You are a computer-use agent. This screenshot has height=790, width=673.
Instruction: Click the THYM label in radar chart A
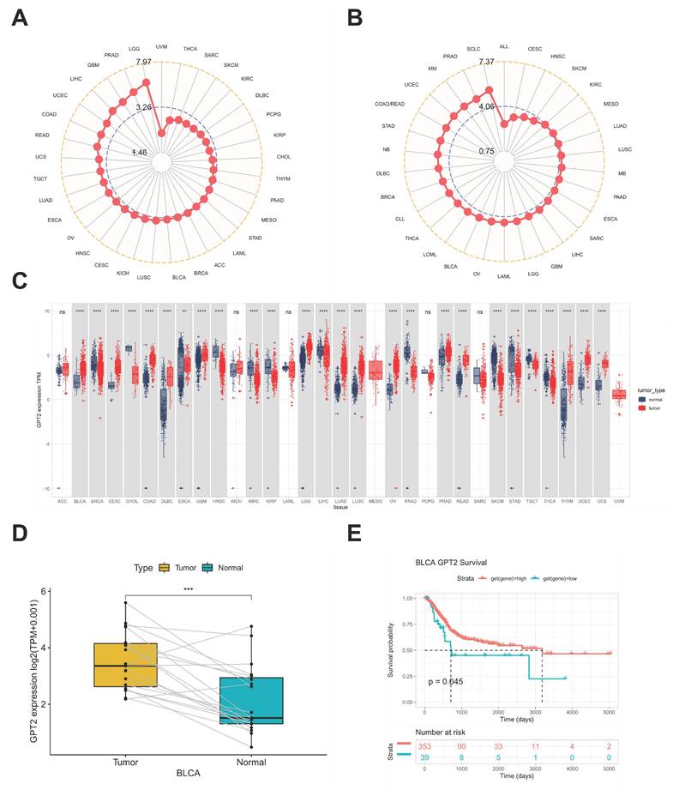[283, 178]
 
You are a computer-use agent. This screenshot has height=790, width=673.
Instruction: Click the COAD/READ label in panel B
[390, 105]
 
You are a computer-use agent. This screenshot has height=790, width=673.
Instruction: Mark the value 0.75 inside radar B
[486, 152]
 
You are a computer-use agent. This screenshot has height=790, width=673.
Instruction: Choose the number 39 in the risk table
[425, 757]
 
